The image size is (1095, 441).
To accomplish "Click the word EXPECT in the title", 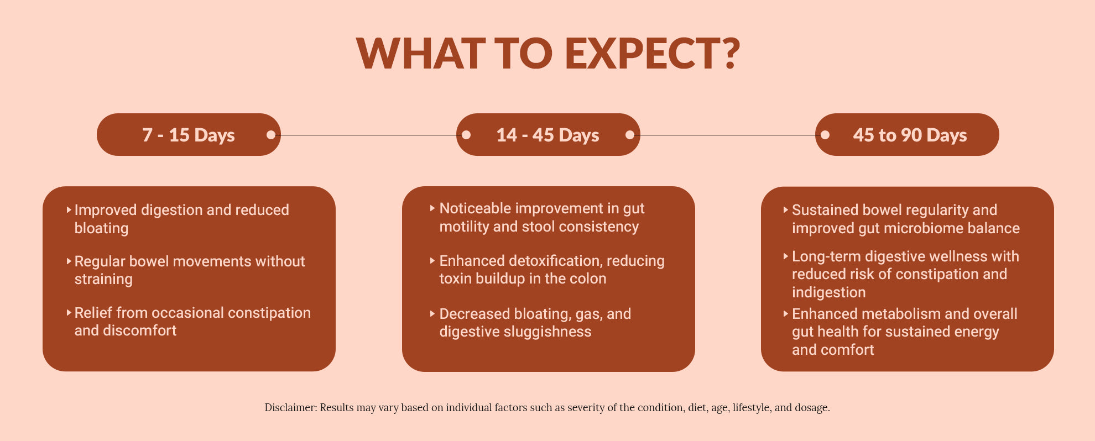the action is [643, 54].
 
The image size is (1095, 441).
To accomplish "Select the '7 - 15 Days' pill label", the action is [189, 135].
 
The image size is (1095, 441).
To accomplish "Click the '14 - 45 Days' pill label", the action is [547, 135].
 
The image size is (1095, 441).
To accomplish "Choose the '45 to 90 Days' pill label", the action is [910, 135].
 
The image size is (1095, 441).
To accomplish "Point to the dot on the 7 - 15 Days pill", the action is [270, 135].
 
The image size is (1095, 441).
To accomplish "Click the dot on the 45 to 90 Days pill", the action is [825, 135].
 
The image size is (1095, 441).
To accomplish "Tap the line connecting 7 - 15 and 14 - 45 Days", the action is [368, 135].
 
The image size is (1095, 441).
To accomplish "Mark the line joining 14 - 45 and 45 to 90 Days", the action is [727, 135].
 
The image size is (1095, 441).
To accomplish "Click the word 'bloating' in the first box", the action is [101, 228].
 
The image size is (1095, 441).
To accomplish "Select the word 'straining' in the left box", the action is [103, 279].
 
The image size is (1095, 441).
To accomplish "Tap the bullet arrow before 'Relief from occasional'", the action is [69, 312].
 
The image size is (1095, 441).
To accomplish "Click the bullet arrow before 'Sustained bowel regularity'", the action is [786, 210].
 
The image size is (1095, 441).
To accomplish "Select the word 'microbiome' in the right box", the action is [927, 228].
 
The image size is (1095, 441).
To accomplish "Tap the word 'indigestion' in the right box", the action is [828, 292].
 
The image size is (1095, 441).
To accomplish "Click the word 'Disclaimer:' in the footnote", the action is [290, 408].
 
